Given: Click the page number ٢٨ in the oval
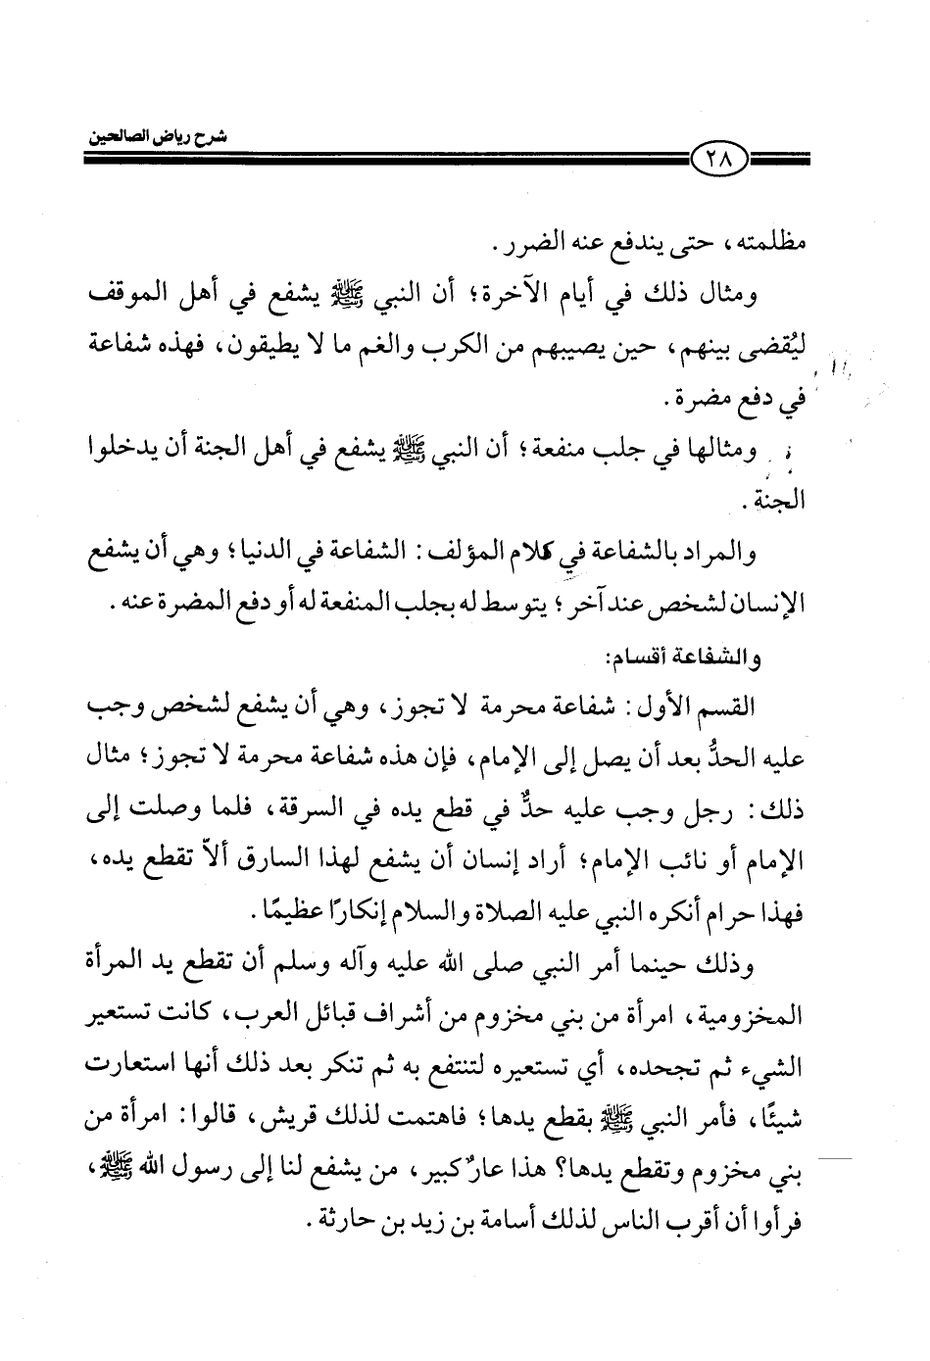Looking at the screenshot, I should [x=719, y=157].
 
